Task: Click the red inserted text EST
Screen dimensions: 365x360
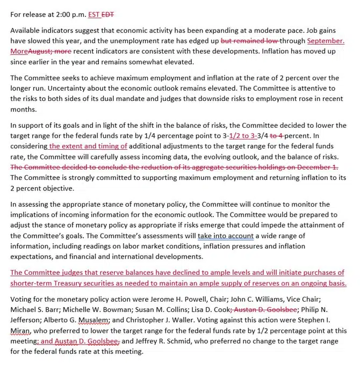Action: [95, 14]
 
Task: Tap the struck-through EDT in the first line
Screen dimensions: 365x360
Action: [110, 14]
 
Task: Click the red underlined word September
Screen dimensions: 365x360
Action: [326, 41]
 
